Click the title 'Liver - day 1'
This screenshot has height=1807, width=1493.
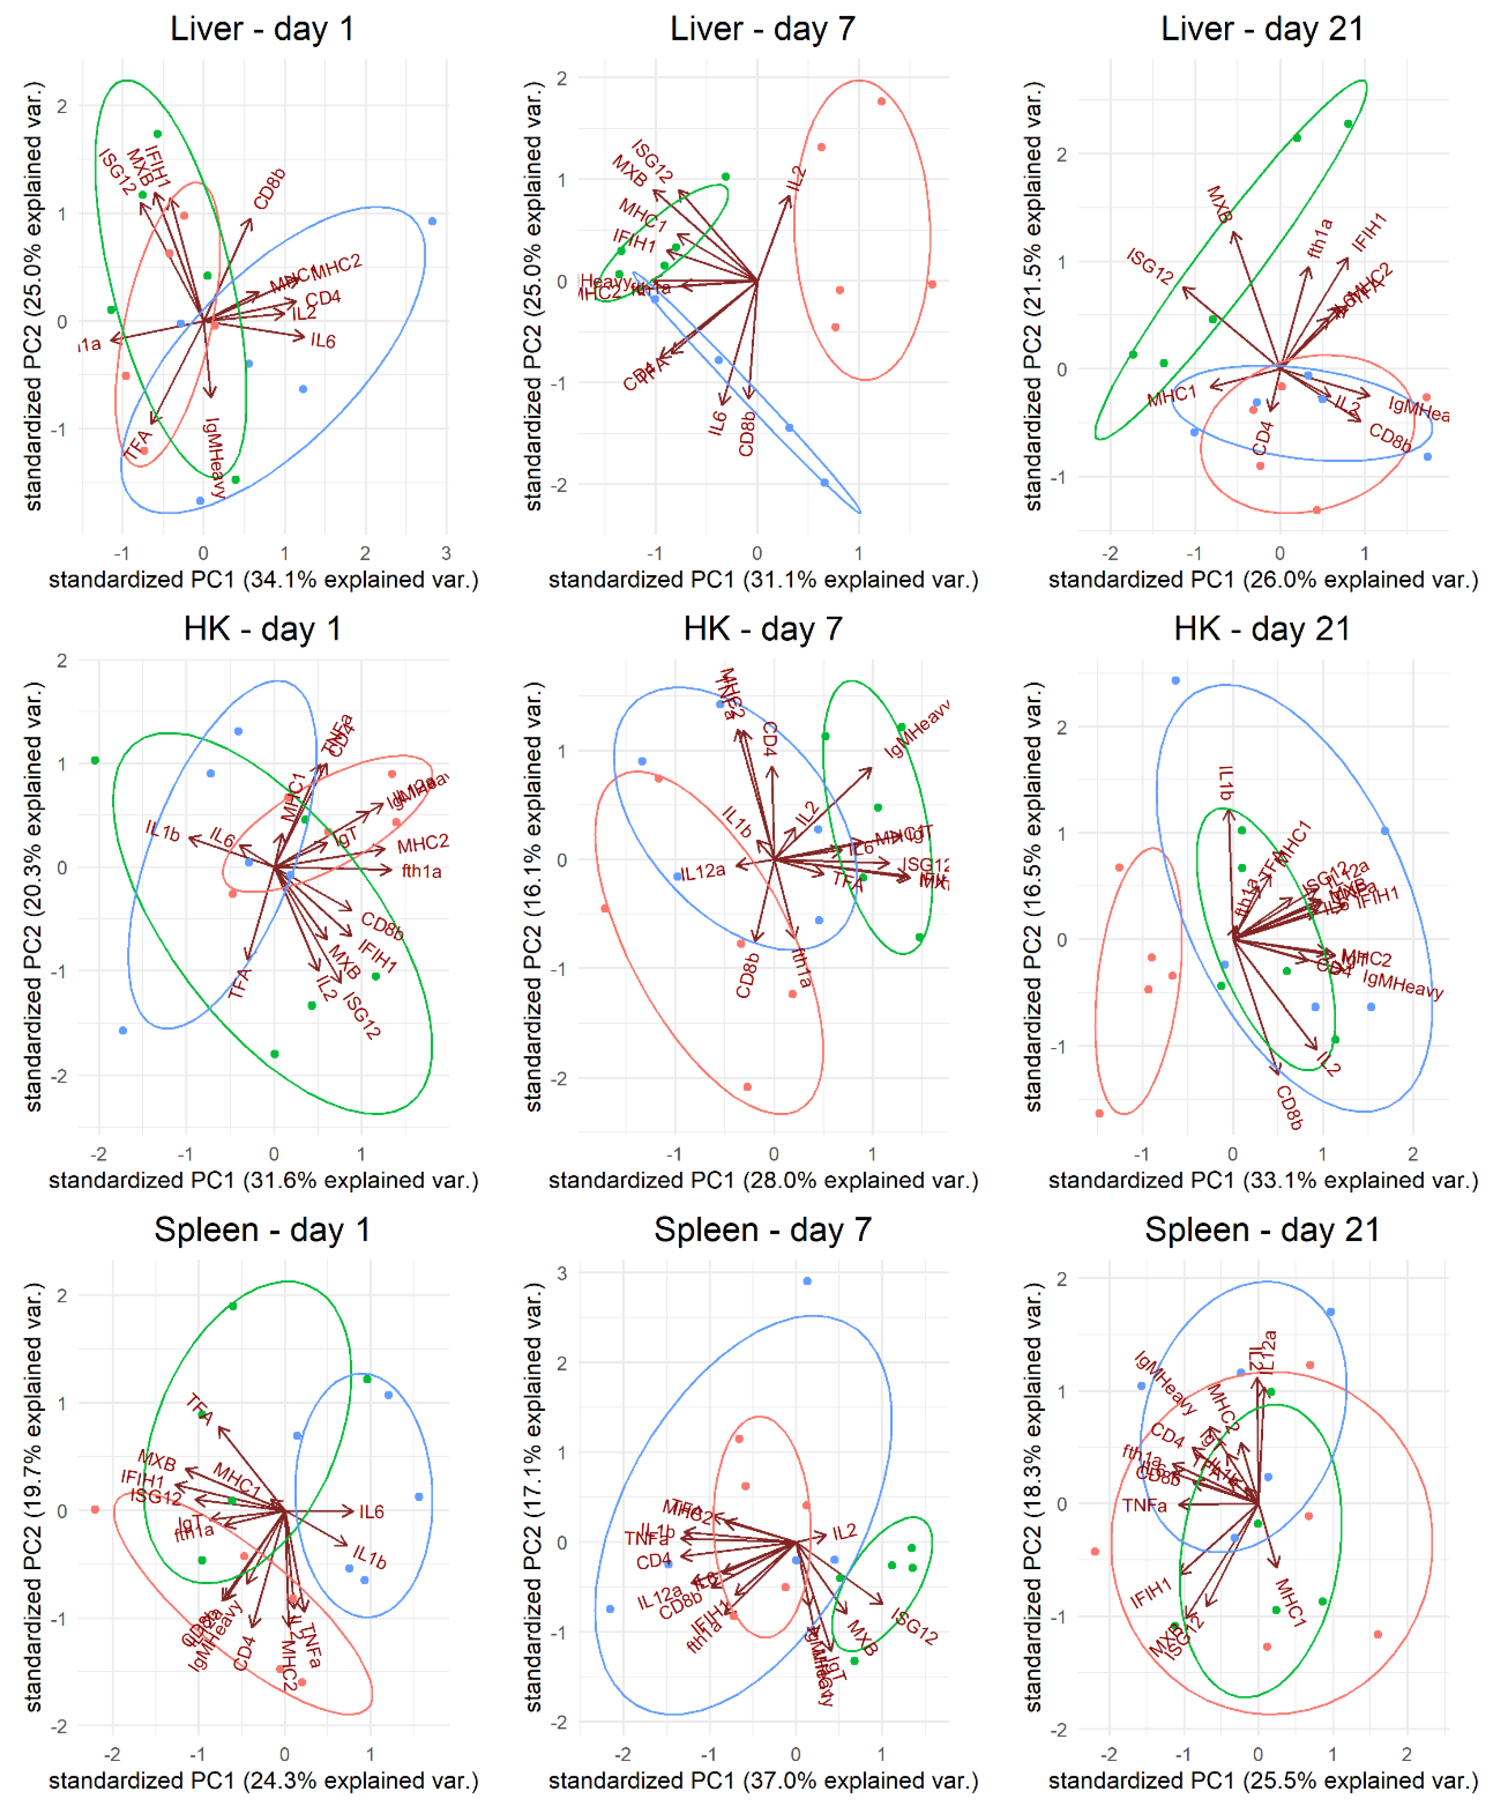coord(262,29)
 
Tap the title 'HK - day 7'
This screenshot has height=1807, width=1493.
coord(762,629)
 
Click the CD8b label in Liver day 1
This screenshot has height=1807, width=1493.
coord(269,189)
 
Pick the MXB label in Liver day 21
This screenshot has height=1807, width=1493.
coord(1219,205)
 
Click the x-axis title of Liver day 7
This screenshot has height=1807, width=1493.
coord(763,579)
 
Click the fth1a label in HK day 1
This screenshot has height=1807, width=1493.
coord(421,871)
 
